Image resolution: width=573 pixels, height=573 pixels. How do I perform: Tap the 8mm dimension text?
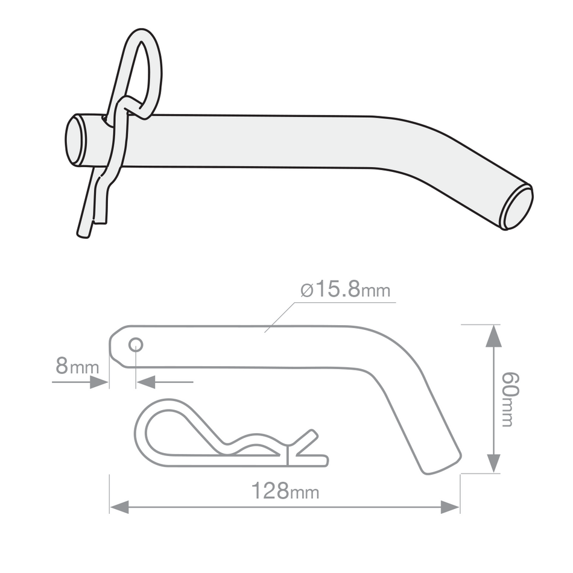77,366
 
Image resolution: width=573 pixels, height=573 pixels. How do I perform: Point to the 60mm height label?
507,399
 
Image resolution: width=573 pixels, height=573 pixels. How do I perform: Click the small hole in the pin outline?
136,344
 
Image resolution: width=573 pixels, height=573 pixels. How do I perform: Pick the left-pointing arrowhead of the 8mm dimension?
146,382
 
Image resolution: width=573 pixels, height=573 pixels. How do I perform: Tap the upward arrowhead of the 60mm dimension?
493,335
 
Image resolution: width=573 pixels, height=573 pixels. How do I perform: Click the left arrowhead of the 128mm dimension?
118,507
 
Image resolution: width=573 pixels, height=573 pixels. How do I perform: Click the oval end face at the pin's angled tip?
518,207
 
